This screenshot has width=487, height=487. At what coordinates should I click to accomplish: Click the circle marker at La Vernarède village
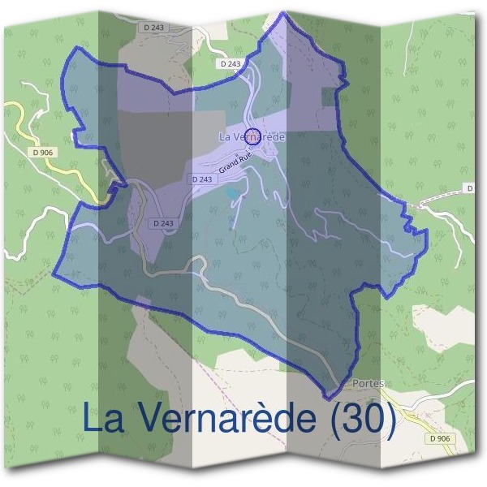pyautogui.click(x=252, y=136)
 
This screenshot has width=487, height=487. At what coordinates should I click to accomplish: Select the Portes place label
pyautogui.click(x=369, y=383)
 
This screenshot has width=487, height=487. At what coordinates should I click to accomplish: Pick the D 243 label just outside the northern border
pyautogui.click(x=231, y=63)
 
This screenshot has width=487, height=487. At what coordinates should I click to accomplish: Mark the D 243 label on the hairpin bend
pyautogui.click(x=164, y=222)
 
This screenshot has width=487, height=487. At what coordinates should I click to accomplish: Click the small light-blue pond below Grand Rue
pyautogui.click(x=234, y=193)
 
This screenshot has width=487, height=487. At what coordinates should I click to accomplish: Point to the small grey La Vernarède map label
pyautogui.click(x=252, y=137)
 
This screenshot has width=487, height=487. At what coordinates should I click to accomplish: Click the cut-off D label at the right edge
pyautogui.click(x=470, y=188)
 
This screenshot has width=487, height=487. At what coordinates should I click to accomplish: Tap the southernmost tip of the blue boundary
pyautogui.click(x=328, y=399)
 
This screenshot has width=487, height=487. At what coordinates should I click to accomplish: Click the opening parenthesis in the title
pyautogui.click(x=334, y=420)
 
